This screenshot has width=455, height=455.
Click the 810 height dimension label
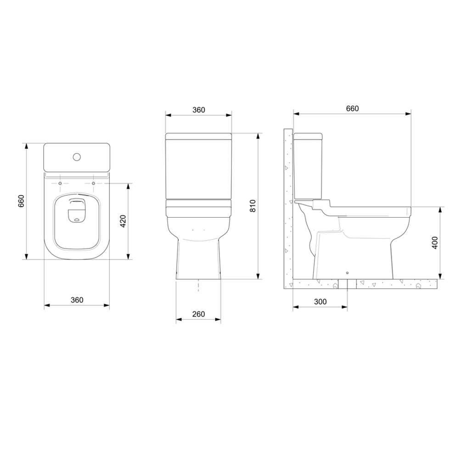click(x=253, y=206)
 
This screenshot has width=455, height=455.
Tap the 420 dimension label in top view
click(x=123, y=221)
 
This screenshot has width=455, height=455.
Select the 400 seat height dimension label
click(x=434, y=242)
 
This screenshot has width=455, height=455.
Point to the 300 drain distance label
click(x=320, y=302)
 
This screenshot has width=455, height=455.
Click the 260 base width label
click(x=198, y=314)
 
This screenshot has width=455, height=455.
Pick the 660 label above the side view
click(x=352, y=108)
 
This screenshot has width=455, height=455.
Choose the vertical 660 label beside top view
click(x=22, y=201)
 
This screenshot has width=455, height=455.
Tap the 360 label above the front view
click(x=199, y=110)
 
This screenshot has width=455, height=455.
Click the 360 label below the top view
click(x=77, y=300)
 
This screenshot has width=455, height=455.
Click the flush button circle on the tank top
click(x=77, y=157)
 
